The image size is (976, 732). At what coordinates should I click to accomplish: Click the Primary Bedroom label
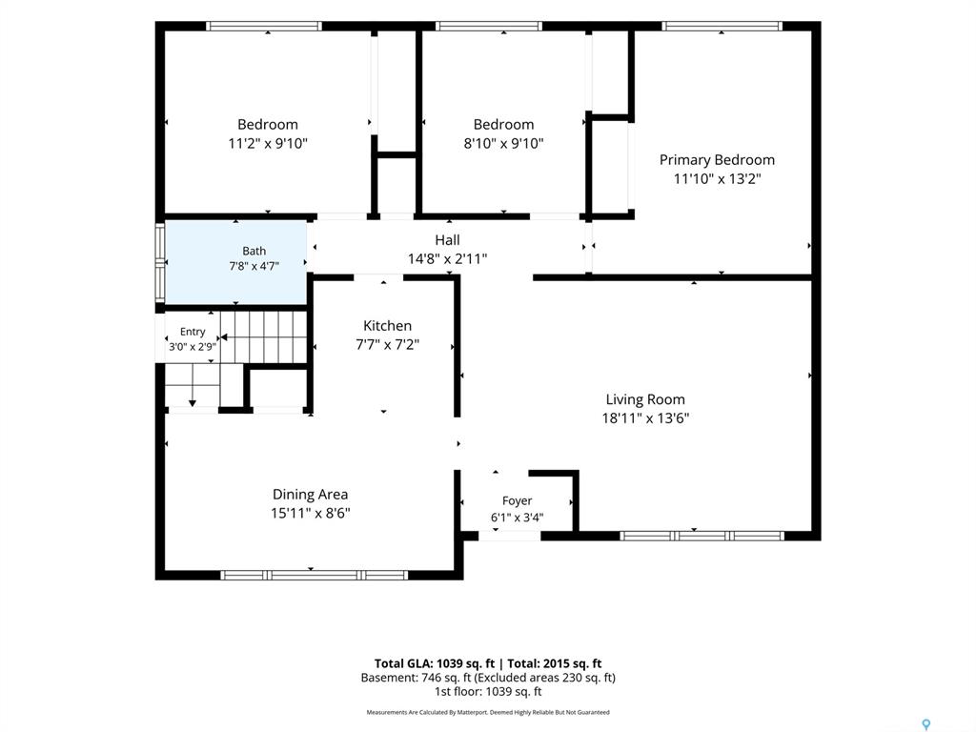pos(717,160)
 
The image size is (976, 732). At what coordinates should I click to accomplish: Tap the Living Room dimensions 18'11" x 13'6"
pos(645,417)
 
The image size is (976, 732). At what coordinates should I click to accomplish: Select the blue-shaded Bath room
pos(236,263)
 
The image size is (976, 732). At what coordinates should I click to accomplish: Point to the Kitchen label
pos(387,326)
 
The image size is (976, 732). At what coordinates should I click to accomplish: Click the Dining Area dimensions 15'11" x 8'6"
pos(310,514)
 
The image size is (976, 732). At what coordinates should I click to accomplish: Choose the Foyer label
pos(518,501)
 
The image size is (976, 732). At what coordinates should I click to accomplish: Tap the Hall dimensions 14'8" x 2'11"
pos(448,259)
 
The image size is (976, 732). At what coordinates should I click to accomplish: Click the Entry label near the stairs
pos(193,332)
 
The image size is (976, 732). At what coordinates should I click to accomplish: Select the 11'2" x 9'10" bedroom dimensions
pos(268,144)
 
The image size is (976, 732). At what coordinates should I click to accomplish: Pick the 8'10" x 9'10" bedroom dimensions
pos(503,144)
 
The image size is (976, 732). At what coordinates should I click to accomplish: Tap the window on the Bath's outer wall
pos(160,263)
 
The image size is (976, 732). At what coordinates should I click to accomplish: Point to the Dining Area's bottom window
pos(315,575)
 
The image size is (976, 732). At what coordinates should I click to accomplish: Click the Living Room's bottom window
pos(701,536)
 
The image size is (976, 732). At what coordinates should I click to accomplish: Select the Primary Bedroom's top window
pos(722,26)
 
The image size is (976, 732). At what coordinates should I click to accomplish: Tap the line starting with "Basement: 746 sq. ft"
pos(488,678)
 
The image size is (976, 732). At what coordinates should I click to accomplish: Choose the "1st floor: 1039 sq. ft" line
pos(488,692)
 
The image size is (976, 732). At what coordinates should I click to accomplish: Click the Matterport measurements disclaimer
pos(488,712)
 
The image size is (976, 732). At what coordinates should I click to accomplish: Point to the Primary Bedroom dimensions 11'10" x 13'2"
pos(717,179)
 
